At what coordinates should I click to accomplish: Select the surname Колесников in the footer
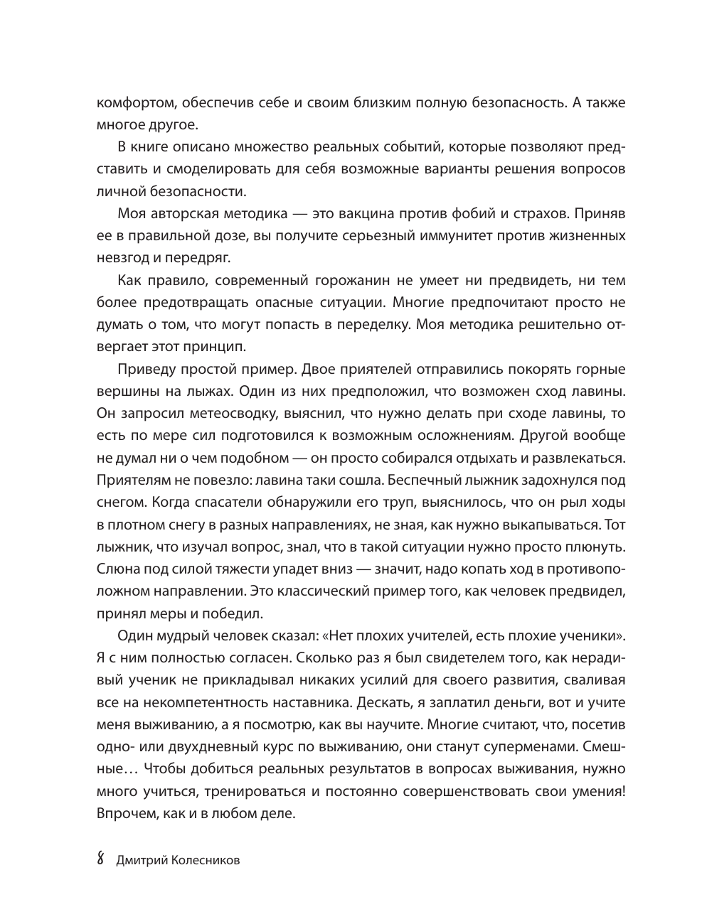[205, 861]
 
